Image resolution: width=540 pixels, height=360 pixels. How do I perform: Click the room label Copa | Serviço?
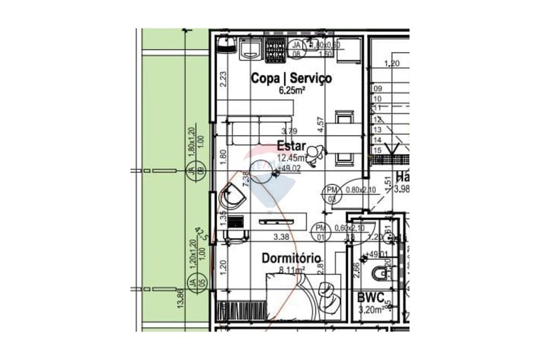[x=291, y=78]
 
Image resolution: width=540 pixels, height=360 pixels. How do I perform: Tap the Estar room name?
[x=292, y=146]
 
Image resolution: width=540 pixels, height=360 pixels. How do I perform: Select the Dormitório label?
[x=292, y=259]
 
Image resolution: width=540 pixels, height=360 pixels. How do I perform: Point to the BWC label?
[x=371, y=297]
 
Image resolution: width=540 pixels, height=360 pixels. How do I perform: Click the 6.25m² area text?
[x=292, y=90]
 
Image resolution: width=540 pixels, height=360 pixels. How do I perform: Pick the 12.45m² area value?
[x=292, y=158]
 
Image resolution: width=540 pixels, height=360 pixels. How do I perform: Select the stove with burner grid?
[x=275, y=49]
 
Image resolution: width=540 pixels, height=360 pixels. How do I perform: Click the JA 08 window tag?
[x=296, y=49]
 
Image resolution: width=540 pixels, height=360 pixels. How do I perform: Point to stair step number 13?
[x=377, y=130]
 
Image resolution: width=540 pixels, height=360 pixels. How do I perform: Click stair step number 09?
[x=377, y=89]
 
